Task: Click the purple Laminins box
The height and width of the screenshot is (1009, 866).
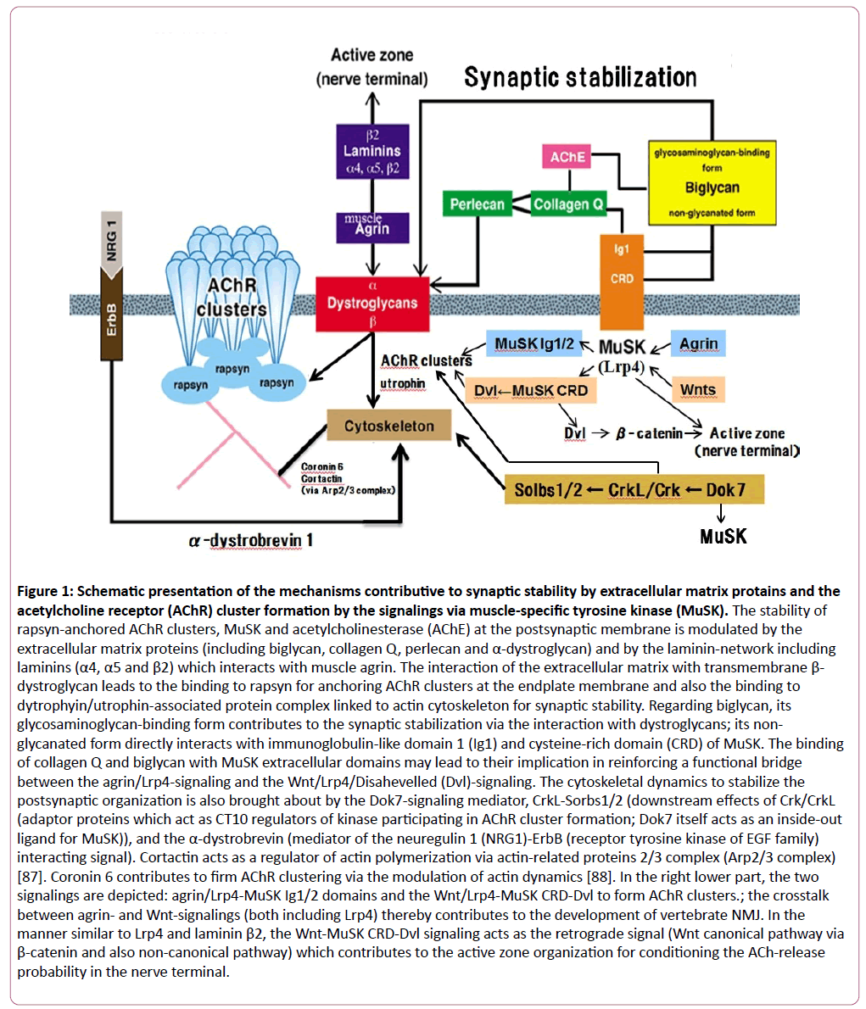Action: [372, 152]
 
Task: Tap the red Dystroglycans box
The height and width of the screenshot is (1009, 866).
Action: [372, 303]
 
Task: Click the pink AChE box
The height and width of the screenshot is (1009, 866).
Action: [567, 157]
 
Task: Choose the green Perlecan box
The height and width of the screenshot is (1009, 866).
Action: [477, 204]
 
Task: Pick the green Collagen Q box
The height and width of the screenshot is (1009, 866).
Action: [568, 204]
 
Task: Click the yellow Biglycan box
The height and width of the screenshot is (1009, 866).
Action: [712, 182]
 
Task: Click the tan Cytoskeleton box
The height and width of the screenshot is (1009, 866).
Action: [389, 426]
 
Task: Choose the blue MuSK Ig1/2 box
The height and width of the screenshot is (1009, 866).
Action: [534, 343]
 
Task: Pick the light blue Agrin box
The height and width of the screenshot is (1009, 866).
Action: [698, 343]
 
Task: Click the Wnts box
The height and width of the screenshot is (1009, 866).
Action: [698, 390]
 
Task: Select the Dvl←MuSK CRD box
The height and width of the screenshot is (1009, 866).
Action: [530, 390]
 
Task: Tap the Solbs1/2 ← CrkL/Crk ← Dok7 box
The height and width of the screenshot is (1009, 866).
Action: [634, 489]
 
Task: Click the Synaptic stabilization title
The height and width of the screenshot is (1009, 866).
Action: [580, 78]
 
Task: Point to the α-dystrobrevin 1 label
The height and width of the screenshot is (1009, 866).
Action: [251, 539]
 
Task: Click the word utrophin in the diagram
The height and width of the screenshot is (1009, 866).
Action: [402, 383]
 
